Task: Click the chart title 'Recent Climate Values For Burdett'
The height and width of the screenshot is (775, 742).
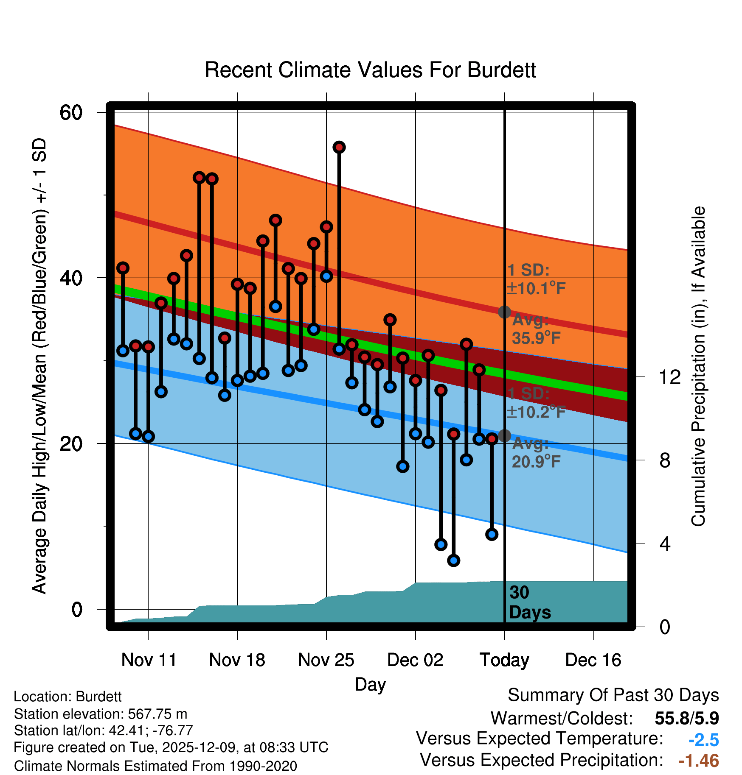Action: (x=370, y=70)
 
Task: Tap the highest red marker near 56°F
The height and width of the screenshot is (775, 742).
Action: (x=339, y=147)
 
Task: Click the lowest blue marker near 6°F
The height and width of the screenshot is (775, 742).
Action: (x=453, y=560)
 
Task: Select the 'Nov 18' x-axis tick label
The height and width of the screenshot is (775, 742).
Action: (x=237, y=660)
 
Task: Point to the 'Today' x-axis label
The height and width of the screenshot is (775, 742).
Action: (x=504, y=660)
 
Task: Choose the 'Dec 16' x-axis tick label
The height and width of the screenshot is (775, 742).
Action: (x=593, y=660)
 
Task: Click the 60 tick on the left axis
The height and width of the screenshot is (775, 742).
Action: (x=71, y=113)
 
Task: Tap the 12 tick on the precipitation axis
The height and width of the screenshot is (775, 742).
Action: (x=669, y=377)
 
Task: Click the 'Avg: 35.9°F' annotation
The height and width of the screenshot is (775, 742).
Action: (x=536, y=329)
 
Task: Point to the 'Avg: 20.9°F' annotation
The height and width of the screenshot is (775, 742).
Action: (x=536, y=452)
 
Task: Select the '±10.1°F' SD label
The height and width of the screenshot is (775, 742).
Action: (x=536, y=289)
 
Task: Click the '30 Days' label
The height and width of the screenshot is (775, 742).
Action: (x=529, y=602)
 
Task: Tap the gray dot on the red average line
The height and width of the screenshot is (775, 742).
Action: (x=504, y=312)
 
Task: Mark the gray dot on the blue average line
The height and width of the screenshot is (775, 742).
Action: (x=504, y=435)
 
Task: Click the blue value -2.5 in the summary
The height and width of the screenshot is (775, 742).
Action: (x=703, y=740)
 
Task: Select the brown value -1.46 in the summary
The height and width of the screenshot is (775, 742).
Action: (x=699, y=761)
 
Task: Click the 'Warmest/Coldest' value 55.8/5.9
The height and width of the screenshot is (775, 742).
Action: (x=686, y=718)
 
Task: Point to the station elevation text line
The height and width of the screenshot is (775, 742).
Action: (x=101, y=714)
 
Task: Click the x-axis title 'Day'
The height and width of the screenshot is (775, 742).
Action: (x=370, y=684)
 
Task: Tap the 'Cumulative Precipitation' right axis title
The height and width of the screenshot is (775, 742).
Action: (x=698, y=366)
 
